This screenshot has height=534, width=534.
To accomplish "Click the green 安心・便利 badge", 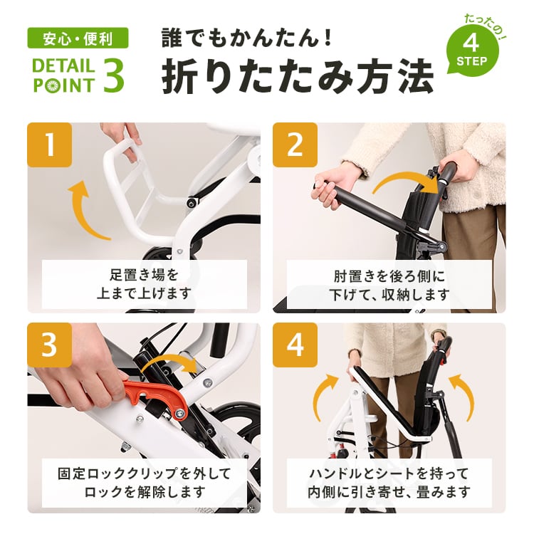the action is pyautogui.click(x=78, y=38).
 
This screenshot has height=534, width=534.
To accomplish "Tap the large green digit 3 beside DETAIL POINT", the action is pyautogui.click(x=113, y=75).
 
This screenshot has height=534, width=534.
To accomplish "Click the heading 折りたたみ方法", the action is pyautogui.click(x=298, y=76).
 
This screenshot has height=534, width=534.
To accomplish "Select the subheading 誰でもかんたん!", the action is pyautogui.click(x=246, y=38).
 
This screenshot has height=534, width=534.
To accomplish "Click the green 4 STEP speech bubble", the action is pyautogui.click(x=472, y=51).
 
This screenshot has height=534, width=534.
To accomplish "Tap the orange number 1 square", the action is pyautogui.click(x=50, y=145).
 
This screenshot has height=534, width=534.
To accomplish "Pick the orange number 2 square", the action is pyautogui.click(x=295, y=145).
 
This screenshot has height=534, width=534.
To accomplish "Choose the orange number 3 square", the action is pyautogui.click(x=50, y=345).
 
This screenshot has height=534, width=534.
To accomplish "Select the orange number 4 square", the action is pyautogui.click(x=295, y=345).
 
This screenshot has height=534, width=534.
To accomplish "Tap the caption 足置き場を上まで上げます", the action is pyautogui.click(x=145, y=284).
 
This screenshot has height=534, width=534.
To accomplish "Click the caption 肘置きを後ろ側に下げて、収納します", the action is pyautogui.click(x=389, y=285).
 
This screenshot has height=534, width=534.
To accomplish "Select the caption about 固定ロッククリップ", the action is pyautogui.click(x=145, y=483).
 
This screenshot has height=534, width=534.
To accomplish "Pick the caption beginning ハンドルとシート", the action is pyautogui.click(x=389, y=483).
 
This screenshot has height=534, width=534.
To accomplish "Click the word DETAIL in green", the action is pyautogui.click(x=63, y=66).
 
